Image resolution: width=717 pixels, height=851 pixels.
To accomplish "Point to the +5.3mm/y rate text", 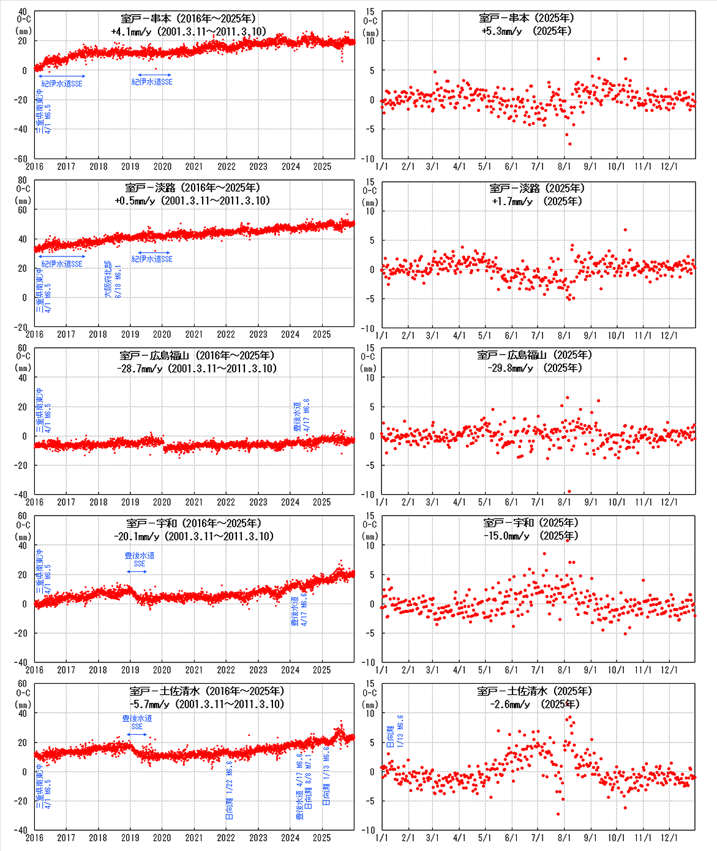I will pos(501,31).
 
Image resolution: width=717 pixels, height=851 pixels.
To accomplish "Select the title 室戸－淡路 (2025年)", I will pos(536,189).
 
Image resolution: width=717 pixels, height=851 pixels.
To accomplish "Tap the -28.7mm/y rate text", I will pos(140,369).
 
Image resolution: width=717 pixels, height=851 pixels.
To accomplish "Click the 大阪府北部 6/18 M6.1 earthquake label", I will pos(113,280).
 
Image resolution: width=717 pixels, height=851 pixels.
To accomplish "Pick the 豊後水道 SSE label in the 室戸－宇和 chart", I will pos(139,560).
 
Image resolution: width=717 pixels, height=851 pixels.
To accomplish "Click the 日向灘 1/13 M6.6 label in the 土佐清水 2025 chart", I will pos(396,731).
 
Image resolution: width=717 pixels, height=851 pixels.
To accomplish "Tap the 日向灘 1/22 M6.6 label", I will pos(229,790).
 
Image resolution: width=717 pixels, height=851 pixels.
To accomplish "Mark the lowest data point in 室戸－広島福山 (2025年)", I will pos(569,491).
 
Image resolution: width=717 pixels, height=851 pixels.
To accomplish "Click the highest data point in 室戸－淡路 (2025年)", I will pos(625,230).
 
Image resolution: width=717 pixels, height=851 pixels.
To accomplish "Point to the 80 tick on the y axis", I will pos(23,181).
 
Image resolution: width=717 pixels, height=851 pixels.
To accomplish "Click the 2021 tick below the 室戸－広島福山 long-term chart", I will pos(194,503).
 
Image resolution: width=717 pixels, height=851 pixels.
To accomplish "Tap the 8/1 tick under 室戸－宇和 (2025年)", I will pos(564,670).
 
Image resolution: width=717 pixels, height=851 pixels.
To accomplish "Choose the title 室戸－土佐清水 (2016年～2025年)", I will pos(206,691).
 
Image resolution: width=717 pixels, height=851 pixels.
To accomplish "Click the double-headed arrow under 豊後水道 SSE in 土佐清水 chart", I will pos(137,734).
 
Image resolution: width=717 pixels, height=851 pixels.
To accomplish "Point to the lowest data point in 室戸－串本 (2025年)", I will pos(569,144).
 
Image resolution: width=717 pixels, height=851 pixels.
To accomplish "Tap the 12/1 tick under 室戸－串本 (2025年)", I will pos(669,167).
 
